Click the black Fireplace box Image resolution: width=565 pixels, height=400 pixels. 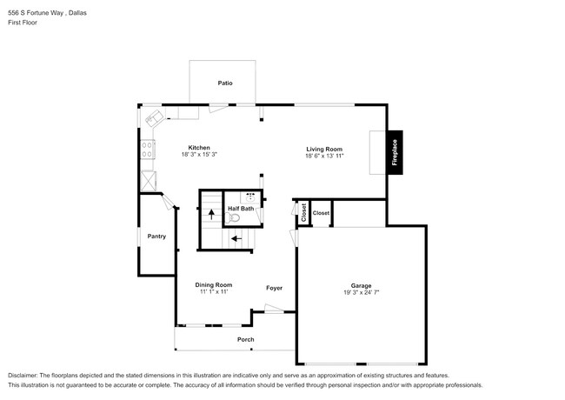395,153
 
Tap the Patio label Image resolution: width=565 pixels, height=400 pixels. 224,83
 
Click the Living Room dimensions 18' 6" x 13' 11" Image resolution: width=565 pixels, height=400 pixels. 324,157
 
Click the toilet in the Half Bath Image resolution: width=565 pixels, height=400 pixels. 251,217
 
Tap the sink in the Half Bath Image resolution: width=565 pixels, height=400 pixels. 253,197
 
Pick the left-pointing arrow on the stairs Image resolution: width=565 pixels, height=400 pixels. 236,237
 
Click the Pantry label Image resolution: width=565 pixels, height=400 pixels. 156,237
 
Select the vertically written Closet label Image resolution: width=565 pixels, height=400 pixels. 303,212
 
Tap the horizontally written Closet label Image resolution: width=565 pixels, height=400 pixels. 321,212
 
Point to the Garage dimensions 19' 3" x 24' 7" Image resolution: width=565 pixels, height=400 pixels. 361,293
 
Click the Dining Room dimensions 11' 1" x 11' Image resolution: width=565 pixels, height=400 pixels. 212,292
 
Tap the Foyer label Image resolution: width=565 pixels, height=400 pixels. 274,288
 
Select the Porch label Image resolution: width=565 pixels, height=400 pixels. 246,339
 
